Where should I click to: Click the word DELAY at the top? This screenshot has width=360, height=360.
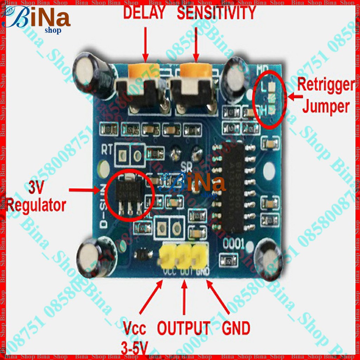(144, 13)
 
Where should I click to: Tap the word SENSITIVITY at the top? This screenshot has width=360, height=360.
(216, 13)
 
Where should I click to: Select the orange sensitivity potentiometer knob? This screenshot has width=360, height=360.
(196, 71)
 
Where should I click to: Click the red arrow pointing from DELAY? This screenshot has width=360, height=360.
(145, 42)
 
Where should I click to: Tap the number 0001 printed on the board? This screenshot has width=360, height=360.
(233, 243)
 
